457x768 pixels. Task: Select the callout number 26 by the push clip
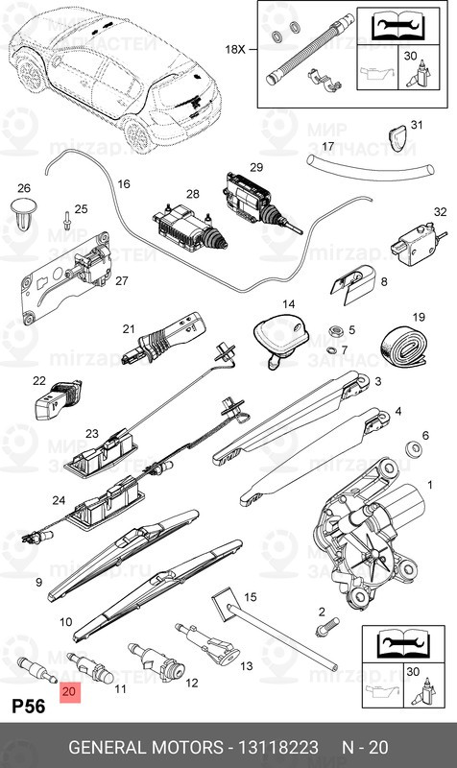tap(24, 188)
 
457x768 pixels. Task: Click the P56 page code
tap(30, 707)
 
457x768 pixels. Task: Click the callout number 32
tap(440, 212)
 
